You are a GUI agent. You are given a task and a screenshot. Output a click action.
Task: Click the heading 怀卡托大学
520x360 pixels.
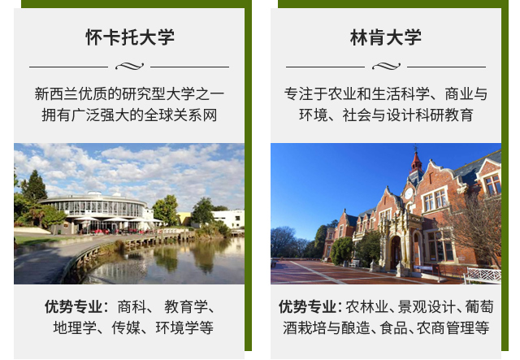pyautogui.click(x=130, y=37)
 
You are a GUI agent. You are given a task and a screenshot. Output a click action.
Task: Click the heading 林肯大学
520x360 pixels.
pyautogui.click(x=386, y=37)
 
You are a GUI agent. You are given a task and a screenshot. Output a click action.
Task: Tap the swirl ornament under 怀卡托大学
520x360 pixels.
pyautogui.click(x=130, y=67)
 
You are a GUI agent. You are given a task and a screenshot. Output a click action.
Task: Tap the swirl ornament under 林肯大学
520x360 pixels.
pyautogui.click(x=387, y=67)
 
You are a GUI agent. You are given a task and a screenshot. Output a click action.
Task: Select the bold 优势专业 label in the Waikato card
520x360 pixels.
pyautogui.click(x=74, y=307)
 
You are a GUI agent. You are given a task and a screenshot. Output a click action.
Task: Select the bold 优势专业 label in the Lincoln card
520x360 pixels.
pyautogui.click(x=307, y=307)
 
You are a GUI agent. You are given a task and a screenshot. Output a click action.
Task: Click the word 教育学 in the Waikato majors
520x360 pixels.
pyautogui.click(x=186, y=307)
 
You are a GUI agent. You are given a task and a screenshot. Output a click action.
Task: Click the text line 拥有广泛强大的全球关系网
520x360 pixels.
pyautogui.click(x=129, y=115)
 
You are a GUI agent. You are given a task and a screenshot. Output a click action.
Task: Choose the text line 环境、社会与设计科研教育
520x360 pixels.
pyautogui.click(x=386, y=115)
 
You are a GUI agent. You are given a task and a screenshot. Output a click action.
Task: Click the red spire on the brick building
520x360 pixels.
pyautogui.click(x=416, y=160)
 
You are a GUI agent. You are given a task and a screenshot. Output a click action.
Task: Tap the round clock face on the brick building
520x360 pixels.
pyautogui.click(x=409, y=193)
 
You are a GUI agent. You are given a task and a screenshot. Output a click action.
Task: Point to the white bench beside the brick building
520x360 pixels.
pyautogui.click(x=483, y=275)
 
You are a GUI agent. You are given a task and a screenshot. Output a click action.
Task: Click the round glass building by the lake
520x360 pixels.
pyautogui.click(x=93, y=211)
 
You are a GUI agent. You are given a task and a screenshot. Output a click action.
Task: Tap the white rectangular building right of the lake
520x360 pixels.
pyautogui.click(x=228, y=219)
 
